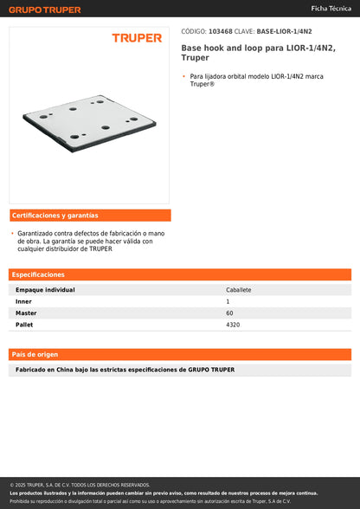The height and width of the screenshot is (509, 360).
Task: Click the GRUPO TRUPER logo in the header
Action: pyautogui.click(x=45, y=10)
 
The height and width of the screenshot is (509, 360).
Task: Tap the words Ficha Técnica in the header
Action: pyautogui.click(x=331, y=8)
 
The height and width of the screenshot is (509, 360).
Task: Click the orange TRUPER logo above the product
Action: pyautogui.click(x=137, y=38)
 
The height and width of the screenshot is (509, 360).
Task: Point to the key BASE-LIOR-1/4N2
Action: pyautogui.click(x=285, y=30)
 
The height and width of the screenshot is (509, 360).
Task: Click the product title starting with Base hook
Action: pyautogui.click(x=258, y=53)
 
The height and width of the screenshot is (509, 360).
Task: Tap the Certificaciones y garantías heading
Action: pyautogui.click(x=55, y=215)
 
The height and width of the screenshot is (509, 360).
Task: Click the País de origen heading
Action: pyautogui.click(x=35, y=354)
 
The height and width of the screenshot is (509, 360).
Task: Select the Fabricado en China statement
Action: pyautogui.click(x=125, y=370)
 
